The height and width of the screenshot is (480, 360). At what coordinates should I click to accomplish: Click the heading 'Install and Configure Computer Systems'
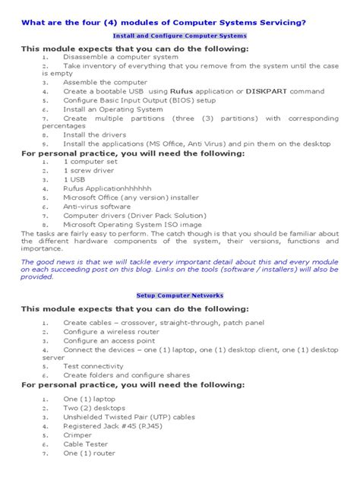coord(179,36)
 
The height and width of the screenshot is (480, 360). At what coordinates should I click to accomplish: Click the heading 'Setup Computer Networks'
coord(179,294)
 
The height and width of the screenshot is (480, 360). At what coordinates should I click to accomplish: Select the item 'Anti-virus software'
coord(96,206)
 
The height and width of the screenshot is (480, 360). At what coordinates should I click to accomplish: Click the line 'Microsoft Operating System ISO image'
coord(132,224)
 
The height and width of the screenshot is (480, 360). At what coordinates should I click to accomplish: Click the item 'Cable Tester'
coord(85,444)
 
